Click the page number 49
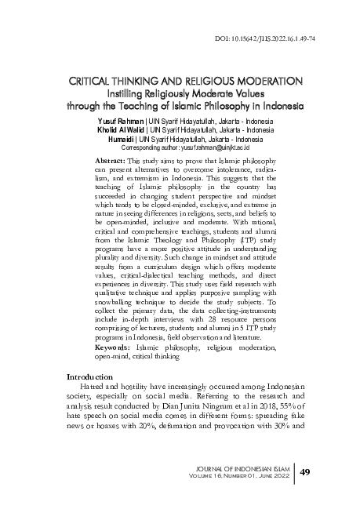click(307, 471)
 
